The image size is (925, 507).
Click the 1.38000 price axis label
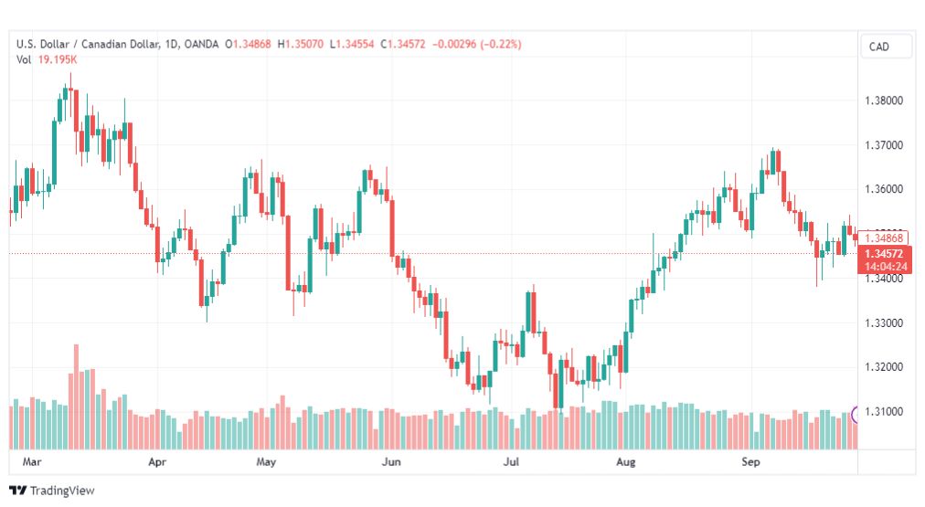[884, 100]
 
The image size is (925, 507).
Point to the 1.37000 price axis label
[884, 145]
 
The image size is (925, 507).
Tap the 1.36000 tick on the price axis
[884, 189]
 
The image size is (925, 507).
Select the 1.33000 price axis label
[884, 323]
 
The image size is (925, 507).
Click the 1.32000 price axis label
[884, 367]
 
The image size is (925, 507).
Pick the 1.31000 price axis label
[884, 411]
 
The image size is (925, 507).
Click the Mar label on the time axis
[32, 461]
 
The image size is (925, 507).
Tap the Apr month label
[157, 461]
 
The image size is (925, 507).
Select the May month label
[266, 461]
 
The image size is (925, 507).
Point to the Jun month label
[391, 461]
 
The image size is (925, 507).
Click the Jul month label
[511, 461]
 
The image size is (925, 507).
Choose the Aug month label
[626, 461]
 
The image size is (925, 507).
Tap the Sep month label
[750, 461]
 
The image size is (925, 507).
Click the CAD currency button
[879, 47]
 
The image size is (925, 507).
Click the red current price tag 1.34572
[884, 254]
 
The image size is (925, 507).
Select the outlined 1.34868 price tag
[883, 238]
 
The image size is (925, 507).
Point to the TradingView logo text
[62, 491]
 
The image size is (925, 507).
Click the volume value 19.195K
[58, 59]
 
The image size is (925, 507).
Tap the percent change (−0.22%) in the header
[501, 44]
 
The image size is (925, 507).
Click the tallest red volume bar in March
[76, 396]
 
